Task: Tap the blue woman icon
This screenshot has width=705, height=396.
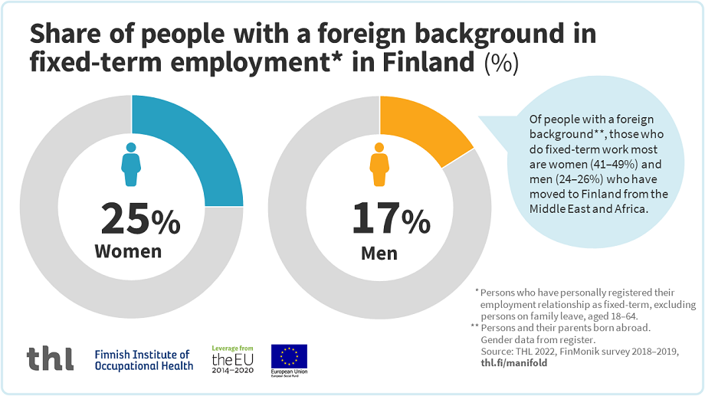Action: (131, 162)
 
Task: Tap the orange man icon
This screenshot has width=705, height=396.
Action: (379, 162)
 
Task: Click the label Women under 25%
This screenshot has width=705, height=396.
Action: (128, 251)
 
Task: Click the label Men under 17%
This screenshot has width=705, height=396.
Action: (379, 253)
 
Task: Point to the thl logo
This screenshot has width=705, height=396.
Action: (51, 358)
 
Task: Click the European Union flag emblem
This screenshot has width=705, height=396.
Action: (289, 355)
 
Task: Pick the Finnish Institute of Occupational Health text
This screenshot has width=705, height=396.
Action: (143, 360)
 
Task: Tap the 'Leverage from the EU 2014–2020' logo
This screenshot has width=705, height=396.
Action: (232, 358)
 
